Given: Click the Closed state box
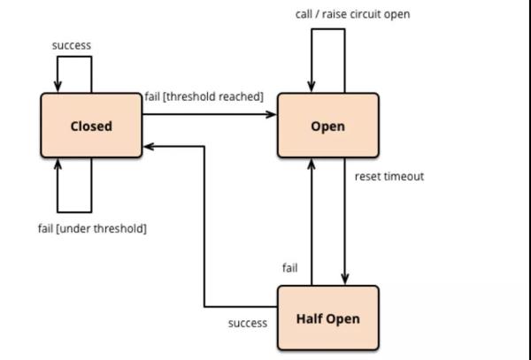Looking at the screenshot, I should (x=91, y=126).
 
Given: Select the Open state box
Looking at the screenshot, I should (x=327, y=126).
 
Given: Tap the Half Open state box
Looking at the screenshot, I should (x=327, y=318).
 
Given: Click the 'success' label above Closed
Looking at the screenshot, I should (x=72, y=44).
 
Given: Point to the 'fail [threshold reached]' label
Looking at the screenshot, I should (x=204, y=96).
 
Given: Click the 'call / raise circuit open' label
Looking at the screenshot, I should (x=352, y=15).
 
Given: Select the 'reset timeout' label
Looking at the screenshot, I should (x=389, y=176).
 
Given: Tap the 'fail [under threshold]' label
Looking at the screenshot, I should (x=92, y=228).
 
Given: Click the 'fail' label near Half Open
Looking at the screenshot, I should (x=289, y=267).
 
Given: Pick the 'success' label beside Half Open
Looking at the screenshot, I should (x=248, y=323).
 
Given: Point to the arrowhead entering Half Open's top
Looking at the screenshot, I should (x=343, y=280).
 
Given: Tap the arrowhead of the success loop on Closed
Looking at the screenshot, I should (x=58, y=87).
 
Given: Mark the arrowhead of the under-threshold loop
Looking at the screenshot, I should (x=58, y=165).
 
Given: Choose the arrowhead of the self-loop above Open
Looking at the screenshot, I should (x=312, y=87).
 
